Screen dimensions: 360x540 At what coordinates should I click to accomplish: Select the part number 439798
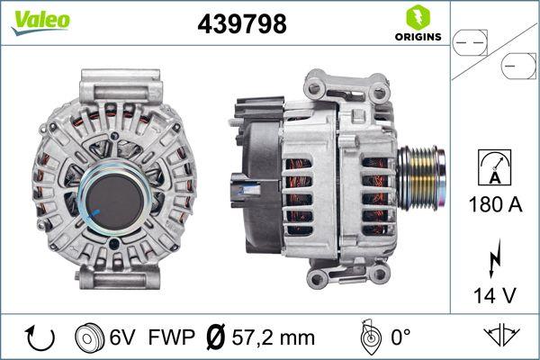[240, 24]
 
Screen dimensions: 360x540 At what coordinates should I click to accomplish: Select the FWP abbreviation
[172, 337]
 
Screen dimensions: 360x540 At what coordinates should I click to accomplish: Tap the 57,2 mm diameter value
[273, 337]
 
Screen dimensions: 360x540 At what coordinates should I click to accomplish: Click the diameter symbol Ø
[215, 337]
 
